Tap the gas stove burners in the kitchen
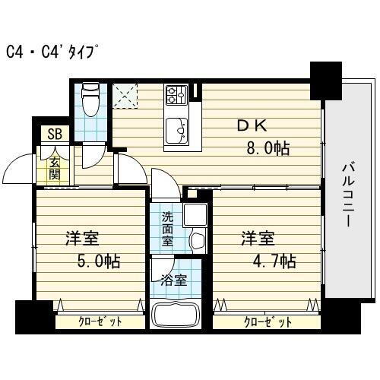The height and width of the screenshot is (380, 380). click(x=176, y=95)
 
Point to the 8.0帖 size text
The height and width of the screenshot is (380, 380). click(x=266, y=148)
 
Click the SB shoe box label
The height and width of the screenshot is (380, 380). click(x=54, y=135)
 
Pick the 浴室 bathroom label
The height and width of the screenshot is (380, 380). click(x=173, y=280)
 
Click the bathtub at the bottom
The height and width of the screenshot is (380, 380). click(x=175, y=315)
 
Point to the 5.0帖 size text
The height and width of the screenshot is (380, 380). click(x=95, y=261)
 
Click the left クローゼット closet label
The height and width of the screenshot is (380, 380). click(x=100, y=322)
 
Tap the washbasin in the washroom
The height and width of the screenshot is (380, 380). click(x=196, y=242)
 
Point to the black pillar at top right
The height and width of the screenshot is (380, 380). click(x=326, y=78)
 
